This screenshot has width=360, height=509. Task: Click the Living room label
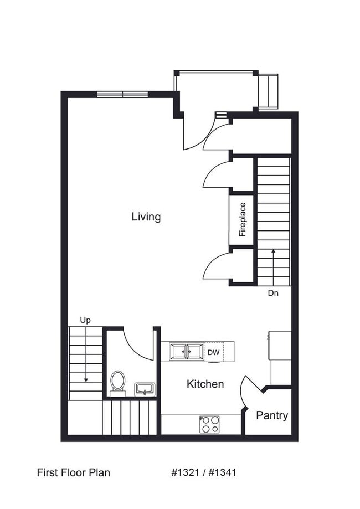pyautogui.click(x=146, y=216)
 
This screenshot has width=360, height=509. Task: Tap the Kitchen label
pyautogui.click(x=205, y=384)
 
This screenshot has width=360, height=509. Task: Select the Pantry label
pyautogui.click(x=272, y=415)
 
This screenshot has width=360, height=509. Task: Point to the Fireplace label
pyautogui.click(x=242, y=219)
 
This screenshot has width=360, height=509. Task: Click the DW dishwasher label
pyautogui.click(x=214, y=352)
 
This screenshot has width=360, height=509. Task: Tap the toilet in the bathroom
pyautogui.click(x=117, y=383)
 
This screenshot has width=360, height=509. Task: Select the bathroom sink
pyautogui.click(x=145, y=388)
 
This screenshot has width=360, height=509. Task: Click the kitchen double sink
pyautogui.click(x=187, y=352)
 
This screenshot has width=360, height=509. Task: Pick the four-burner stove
pyautogui.click(x=209, y=424)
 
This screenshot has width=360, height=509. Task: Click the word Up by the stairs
pyautogui.click(x=85, y=320)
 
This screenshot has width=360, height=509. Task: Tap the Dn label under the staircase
pyautogui.click(x=273, y=293)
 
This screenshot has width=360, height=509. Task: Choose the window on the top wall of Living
pyautogui.click(x=122, y=95)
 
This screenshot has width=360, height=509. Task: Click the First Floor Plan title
pyautogui.click(x=73, y=472)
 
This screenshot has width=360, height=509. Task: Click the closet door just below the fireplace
pyautogui.click(x=217, y=266)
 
